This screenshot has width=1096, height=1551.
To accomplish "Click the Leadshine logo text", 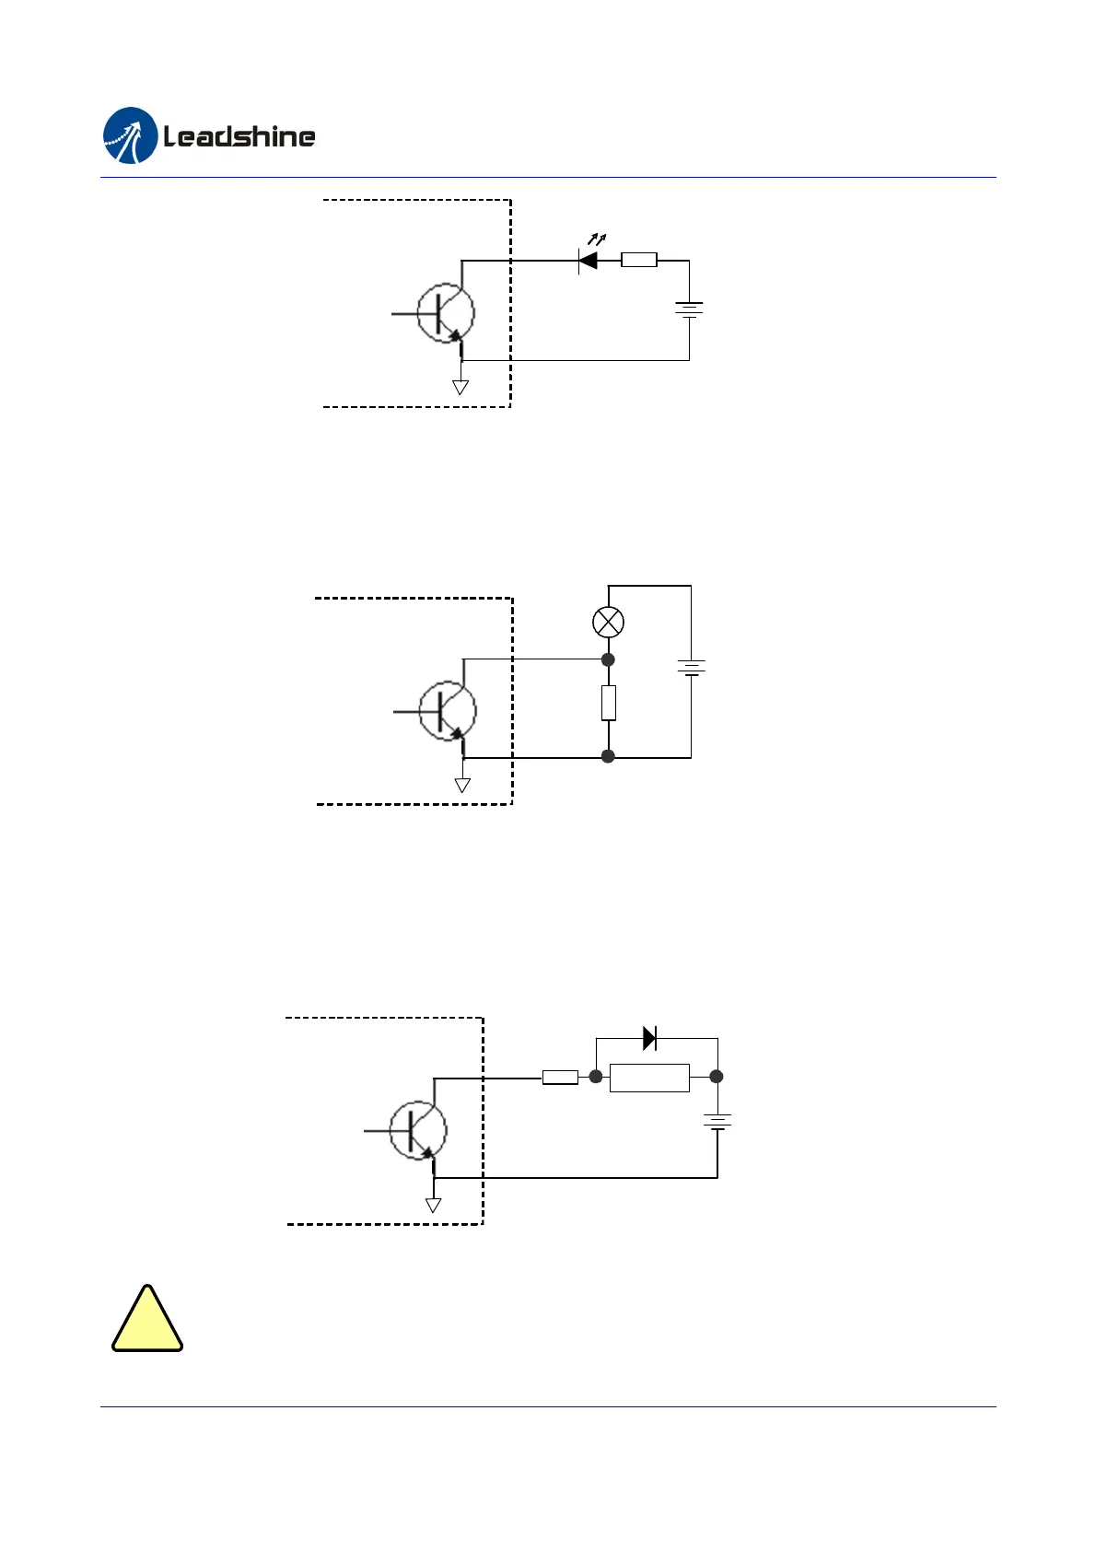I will point(239,137).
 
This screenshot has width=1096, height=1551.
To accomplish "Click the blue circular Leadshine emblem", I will point(130,135).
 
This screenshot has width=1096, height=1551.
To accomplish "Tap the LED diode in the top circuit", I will point(588,261).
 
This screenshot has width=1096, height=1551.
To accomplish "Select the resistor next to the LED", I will point(639,260).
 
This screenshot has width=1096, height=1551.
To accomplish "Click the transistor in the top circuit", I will point(446,313).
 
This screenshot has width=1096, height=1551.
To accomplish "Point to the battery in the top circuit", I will point(689,310).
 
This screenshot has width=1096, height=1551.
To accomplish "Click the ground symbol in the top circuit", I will point(461,387).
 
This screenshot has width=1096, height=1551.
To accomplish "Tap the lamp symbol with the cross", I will point(608,622).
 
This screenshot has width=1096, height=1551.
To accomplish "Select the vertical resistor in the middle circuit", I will point(608,703).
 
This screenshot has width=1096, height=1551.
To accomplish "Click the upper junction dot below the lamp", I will point(608,659).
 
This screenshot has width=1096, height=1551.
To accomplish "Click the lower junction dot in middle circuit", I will point(608,756).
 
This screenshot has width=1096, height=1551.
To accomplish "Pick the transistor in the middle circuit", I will point(448,711).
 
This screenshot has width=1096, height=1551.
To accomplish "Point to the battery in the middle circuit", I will point(691,667).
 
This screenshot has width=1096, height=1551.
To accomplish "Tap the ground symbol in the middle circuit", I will point(462,785).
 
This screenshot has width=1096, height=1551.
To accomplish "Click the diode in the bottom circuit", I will point(649,1038).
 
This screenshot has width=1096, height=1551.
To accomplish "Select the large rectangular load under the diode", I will point(649,1078).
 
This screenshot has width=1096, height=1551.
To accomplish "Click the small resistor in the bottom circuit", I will point(560,1078).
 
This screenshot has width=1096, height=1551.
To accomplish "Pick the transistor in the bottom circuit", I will point(418,1130).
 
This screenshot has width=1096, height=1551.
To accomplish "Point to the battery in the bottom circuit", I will point(717,1122).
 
